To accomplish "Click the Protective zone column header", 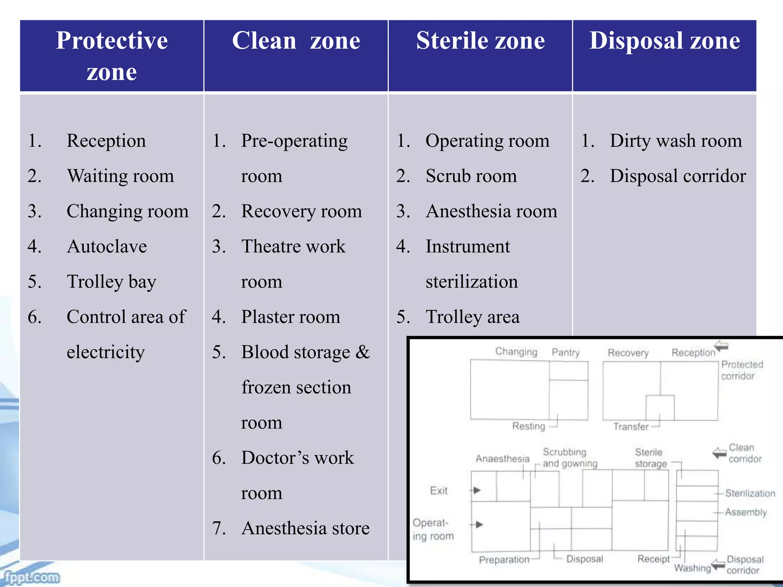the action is [x=112, y=56].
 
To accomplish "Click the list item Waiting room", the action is [x=120, y=176].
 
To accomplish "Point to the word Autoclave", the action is [x=107, y=246].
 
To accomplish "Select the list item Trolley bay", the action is [x=111, y=282].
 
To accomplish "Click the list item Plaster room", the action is [x=291, y=317].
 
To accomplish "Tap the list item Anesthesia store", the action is [x=305, y=529].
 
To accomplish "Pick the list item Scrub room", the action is [x=471, y=176].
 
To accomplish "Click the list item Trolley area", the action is [x=473, y=317].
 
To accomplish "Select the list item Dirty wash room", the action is [x=676, y=141].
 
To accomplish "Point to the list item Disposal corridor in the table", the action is [x=677, y=176].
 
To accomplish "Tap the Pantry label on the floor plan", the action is [x=565, y=352].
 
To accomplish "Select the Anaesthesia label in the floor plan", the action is [x=502, y=459].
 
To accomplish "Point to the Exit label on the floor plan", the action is [x=439, y=491].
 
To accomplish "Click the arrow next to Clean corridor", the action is [x=719, y=453].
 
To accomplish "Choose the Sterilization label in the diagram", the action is [x=750, y=493].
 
